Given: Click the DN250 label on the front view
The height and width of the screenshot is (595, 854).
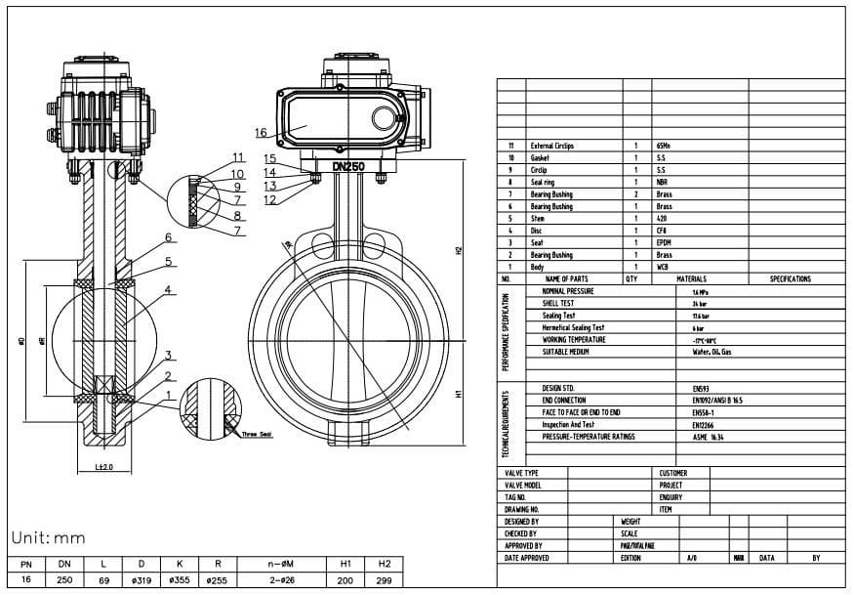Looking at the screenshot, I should point(348,167).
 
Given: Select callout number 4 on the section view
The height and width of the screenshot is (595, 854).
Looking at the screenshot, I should point(168,290).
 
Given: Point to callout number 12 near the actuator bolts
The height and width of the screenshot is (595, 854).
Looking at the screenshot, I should point(270,199).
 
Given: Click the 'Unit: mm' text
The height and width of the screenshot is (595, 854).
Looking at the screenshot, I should point(49,538).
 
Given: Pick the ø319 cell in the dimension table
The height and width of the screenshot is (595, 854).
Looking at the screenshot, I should point(142,580).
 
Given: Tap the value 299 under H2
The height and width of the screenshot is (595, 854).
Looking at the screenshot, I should point(385,580).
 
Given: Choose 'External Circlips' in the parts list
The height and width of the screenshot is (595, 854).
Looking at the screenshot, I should point(551,146).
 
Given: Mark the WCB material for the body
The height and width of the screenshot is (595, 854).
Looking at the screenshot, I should point(664,267).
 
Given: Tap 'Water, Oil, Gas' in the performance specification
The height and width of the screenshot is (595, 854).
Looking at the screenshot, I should point(712,351).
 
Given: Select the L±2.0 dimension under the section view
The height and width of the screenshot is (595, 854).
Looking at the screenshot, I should point(104,467).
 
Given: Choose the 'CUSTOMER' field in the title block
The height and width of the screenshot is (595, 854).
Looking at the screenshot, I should point(673,473).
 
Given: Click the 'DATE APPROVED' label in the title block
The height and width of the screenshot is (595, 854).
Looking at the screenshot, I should point(526,558).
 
